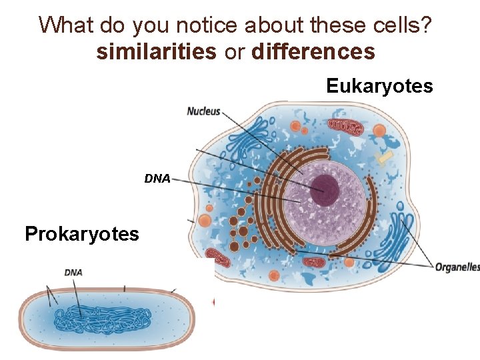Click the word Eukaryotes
379,86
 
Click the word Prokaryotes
81,234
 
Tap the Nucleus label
203,111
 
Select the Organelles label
457,267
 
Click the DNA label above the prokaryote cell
73,273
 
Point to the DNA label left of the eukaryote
157,179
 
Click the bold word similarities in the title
156,52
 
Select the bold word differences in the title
313,52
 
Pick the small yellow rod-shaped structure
385,158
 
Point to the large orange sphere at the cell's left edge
205,221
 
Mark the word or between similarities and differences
235,52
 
